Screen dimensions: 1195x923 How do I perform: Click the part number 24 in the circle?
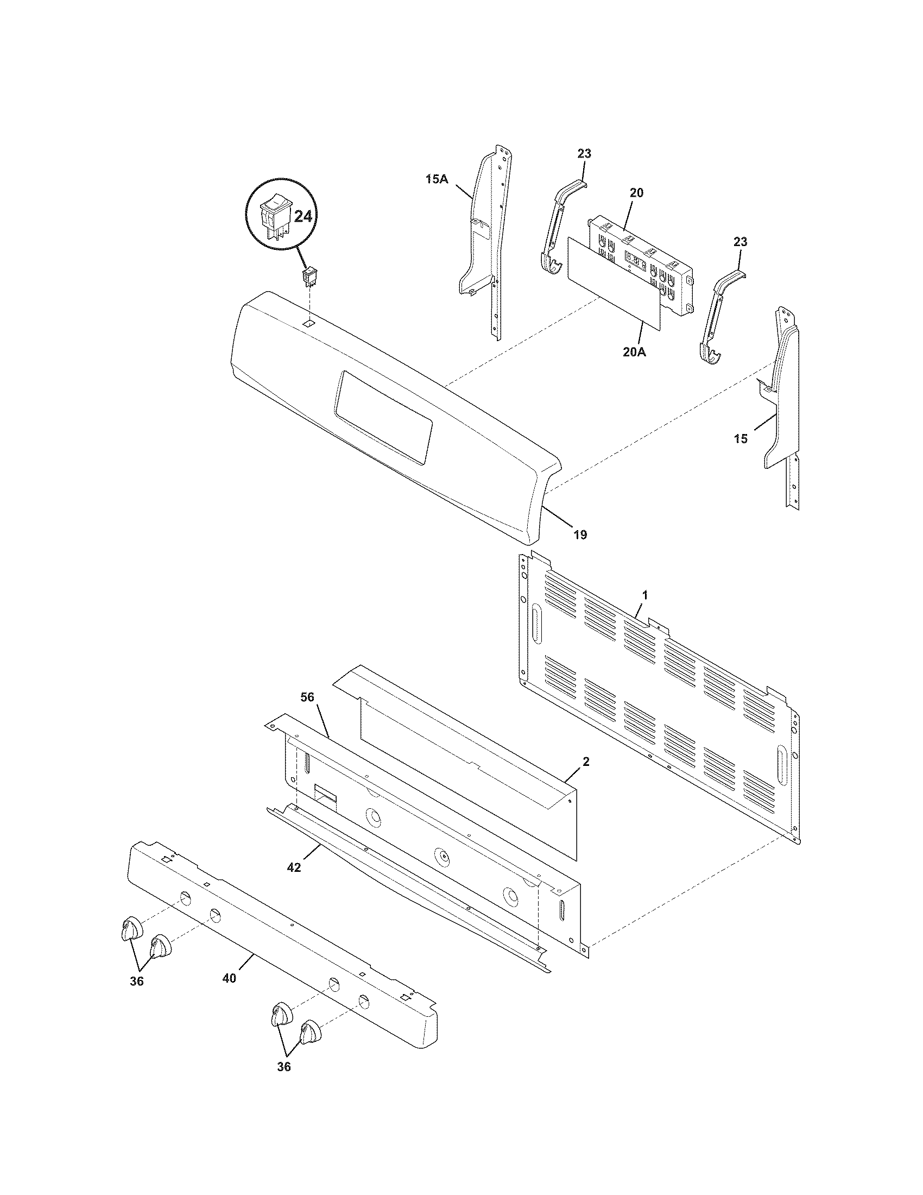(x=303, y=217)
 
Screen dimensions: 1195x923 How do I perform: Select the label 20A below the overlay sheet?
(x=634, y=353)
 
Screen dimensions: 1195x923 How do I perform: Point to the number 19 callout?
(x=580, y=534)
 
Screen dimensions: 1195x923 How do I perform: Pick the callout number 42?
(x=294, y=868)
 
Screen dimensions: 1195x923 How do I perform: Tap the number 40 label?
(x=230, y=978)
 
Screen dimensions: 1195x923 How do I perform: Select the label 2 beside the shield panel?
(x=586, y=761)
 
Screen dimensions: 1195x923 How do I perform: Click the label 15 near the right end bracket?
(x=741, y=439)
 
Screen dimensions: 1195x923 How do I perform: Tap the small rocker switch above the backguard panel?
(x=310, y=277)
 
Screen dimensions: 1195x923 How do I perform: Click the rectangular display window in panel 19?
(x=385, y=418)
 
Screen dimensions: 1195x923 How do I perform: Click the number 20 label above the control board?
(x=636, y=193)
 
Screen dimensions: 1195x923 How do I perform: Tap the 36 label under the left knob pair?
(x=137, y=981)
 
